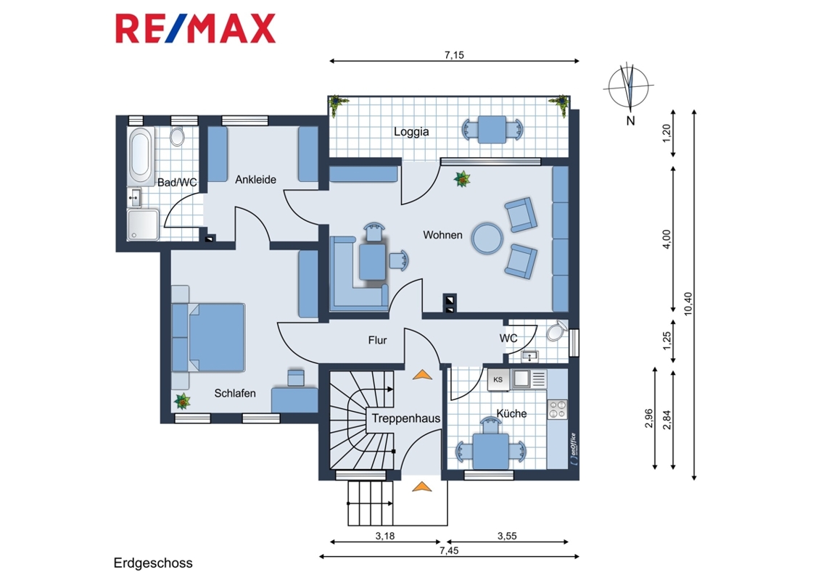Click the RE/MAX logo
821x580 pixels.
(195, 29)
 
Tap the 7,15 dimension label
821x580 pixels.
(454, 55)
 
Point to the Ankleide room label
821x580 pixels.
(255, 180)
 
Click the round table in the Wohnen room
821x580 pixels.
(487, 239)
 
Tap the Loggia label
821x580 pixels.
(411, 132)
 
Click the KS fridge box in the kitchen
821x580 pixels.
(498, 379)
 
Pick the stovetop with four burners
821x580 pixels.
(557, 410)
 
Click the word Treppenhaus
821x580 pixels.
(406, 418)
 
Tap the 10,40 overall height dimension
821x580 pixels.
(688, 304)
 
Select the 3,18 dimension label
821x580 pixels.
(385, 536)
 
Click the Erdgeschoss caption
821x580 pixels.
(153, 563)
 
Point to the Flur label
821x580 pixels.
(377, 340)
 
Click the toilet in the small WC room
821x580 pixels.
(556, 331)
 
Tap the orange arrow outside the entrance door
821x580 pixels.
(421, 486)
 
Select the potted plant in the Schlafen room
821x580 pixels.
(182, 402)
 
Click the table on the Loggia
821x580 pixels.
(492, 129)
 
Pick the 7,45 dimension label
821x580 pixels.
(449, 550)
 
